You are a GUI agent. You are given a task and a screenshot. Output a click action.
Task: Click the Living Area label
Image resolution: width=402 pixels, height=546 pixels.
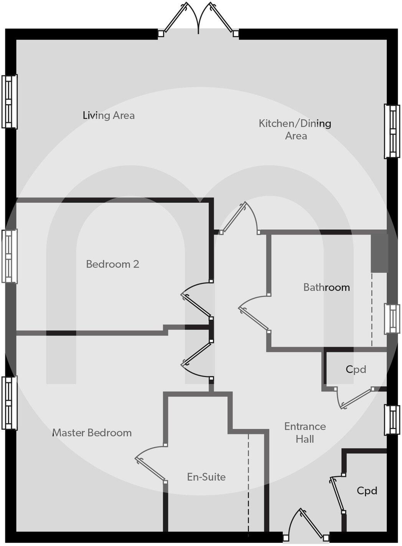point(109,115)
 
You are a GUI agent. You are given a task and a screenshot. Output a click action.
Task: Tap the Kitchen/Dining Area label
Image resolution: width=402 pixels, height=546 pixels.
point(295,129)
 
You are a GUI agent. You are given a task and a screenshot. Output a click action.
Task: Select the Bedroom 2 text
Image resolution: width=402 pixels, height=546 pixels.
point(112,264)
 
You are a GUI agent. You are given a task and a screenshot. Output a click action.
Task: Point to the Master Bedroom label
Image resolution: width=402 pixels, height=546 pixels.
point(92,433)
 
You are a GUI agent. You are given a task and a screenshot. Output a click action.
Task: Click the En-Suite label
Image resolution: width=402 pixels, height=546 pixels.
point(206,477)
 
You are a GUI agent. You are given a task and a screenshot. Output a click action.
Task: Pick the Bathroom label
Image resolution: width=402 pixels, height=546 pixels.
point(326,287)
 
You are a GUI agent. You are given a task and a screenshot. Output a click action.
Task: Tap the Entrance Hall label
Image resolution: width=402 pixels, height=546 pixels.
point(305,433)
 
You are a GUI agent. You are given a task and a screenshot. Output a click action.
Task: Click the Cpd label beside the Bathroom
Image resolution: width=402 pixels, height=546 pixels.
point(356,369)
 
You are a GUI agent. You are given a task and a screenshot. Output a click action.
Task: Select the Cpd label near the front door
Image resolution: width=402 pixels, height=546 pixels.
point(367,491)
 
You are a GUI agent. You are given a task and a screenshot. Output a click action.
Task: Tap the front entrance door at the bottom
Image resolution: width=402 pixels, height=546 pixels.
point(305,525)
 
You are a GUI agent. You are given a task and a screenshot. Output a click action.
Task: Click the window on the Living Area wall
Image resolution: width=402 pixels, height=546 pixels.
point(9,102)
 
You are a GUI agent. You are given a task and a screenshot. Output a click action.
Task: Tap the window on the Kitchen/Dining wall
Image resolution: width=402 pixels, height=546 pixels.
point(392,131)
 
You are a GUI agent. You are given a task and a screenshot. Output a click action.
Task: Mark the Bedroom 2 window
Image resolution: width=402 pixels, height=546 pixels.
point(9,256)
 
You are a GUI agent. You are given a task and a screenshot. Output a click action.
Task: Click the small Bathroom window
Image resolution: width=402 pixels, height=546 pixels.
point(392,319)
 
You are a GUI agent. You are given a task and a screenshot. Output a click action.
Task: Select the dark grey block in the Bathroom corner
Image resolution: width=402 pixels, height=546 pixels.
point(379,253)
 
